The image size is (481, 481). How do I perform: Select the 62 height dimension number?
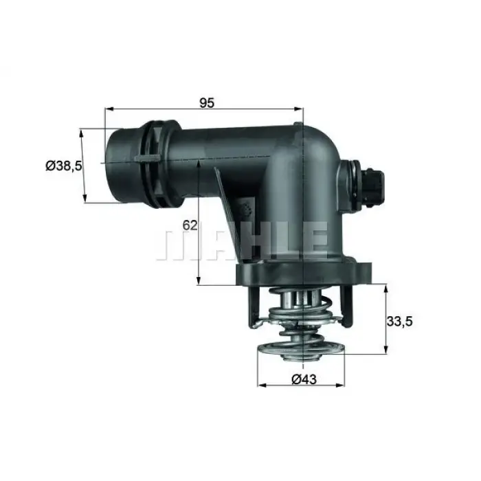[x=190, y=225]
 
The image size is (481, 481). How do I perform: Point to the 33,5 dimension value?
[x=401, y=320]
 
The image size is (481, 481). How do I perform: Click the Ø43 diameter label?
[x=303, y=379]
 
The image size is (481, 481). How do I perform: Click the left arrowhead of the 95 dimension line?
[x=108, y=109]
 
